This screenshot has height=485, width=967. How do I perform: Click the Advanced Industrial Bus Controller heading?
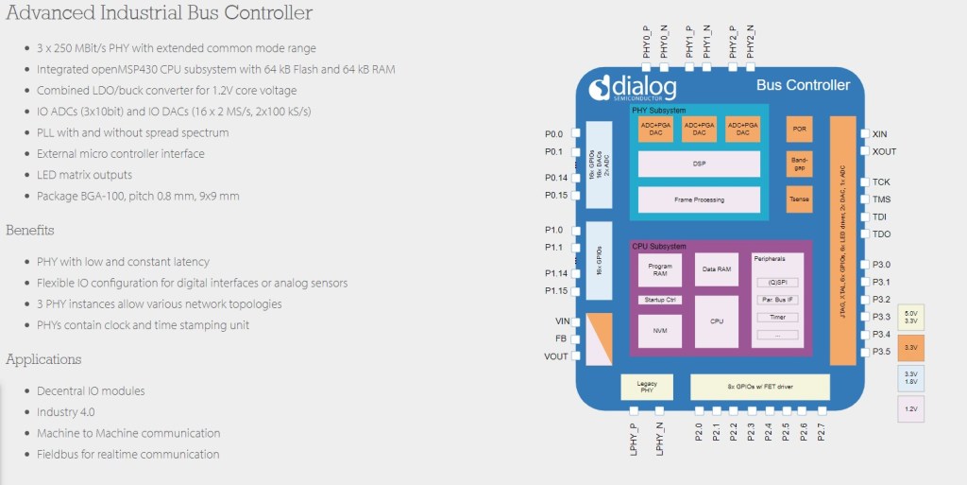point(160,14)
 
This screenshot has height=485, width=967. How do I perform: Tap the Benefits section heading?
point(30,230)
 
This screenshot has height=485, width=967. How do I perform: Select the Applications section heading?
point(43,359)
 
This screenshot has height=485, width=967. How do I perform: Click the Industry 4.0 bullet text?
point(65,412)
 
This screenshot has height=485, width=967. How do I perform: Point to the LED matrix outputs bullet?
point(84,175)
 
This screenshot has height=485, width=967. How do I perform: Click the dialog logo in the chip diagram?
point(633,88)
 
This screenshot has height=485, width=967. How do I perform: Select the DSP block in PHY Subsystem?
point(699,164)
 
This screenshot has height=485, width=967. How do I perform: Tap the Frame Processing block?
point(699,199)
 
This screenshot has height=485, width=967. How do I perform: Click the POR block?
point(799,130)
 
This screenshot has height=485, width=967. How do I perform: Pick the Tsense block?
point(799,199)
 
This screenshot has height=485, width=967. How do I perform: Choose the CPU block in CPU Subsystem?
point(717,321)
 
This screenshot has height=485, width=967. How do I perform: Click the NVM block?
point(659,331)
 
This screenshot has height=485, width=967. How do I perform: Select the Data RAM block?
point(717,269)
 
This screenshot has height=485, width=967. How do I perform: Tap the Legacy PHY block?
point(647,388)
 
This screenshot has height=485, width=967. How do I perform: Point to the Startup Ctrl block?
point(659,300)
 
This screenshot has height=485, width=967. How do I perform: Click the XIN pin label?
point(880,134)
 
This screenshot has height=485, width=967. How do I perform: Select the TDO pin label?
point(882,234)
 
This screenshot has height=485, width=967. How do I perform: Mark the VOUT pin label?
point(555,356)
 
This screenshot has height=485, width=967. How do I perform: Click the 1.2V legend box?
point(911,409)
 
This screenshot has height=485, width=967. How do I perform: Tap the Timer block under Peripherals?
point(777,318)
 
